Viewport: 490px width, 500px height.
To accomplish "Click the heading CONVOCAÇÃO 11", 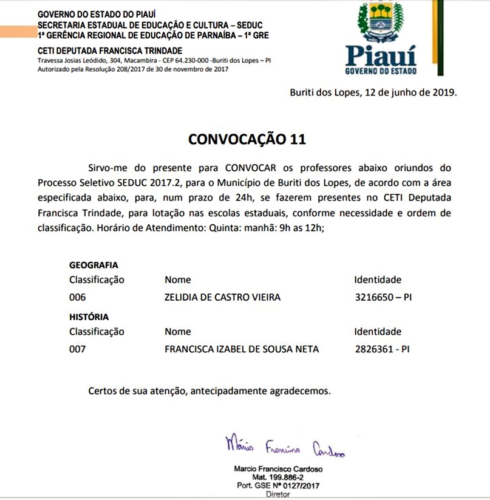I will click(247, 139).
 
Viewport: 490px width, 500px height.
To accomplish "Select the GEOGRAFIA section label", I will click(94, 265).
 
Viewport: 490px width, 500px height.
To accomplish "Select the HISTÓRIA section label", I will click(89, 317).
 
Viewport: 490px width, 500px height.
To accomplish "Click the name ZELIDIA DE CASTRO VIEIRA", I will click(222, 297).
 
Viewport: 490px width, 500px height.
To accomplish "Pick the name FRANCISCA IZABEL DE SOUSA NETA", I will click(242, 349).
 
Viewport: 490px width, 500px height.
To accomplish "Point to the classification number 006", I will click(78, 297).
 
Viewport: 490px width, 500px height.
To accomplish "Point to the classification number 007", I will click(78, 349).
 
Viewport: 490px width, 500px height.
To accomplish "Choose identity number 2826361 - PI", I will click(382, 349).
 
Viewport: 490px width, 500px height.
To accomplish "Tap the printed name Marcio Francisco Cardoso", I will click(279, 470).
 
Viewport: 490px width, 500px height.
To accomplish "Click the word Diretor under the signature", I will click(278, 495).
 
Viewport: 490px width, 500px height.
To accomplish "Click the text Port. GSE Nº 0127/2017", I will click(279, 486).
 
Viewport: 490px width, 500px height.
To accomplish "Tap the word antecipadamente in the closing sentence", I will click(230, 391).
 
